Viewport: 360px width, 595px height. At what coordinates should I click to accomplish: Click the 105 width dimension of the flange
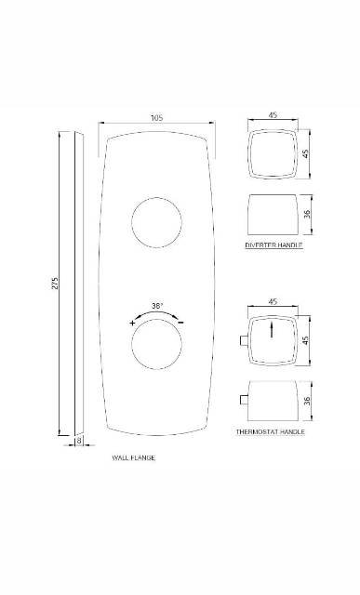[x=156, y=118]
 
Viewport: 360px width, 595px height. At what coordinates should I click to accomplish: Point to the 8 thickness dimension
[x=80, y=442]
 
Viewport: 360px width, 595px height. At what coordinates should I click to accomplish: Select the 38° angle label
[x=157, y=306]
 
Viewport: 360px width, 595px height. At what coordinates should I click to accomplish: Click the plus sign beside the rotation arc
[x=133, y=322]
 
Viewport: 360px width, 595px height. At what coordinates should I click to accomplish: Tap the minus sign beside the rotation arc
[x=180, y=322]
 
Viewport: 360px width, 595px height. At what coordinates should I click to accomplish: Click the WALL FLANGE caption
[x=133, y=458]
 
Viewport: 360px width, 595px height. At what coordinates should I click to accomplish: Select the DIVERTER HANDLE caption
[x=273, y=245]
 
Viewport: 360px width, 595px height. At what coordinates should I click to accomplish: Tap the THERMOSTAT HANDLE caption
[x=271, y=432]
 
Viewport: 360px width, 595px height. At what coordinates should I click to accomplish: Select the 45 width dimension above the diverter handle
[x=273, y=114]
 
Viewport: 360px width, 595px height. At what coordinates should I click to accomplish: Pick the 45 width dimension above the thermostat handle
[x=273, y=301]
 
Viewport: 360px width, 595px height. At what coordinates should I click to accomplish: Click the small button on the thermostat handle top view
[x=245, y=341]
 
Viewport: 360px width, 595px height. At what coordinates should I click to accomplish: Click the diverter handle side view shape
[x=273, y=214]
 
